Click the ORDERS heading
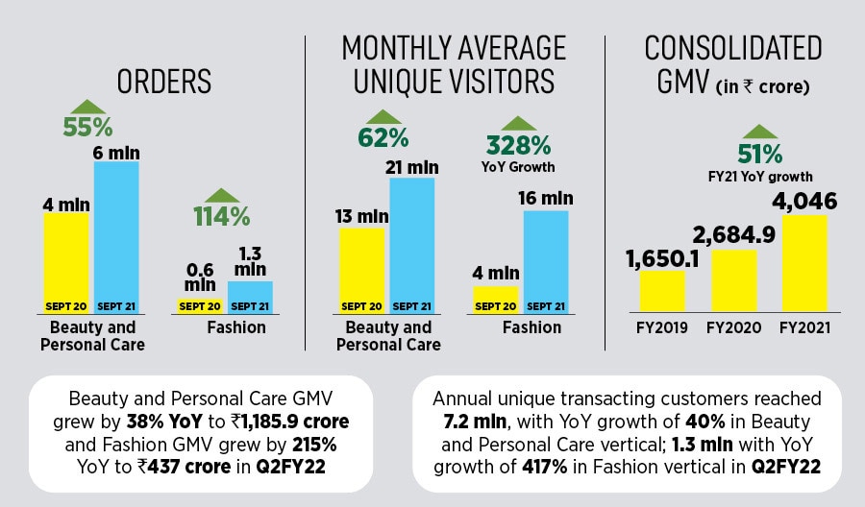(163, 82)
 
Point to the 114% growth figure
(223, 215)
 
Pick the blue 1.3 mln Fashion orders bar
(250, 295)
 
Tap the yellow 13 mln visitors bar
(361, 270)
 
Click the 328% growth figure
(518, 145)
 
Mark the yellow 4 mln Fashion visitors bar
(496, 298)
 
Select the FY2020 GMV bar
(733, 279)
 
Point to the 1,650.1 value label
(660, 259)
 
